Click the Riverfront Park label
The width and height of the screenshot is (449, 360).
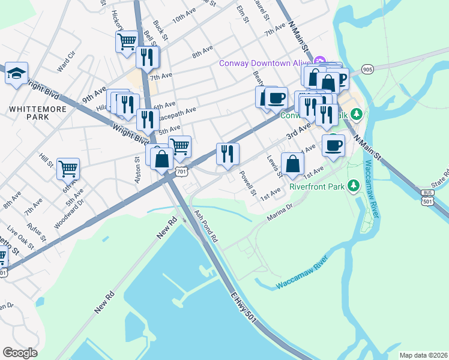tap(316, 187)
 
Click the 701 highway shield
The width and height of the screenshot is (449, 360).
tap(182, 172)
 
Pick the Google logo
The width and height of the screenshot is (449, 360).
tap(20, 353)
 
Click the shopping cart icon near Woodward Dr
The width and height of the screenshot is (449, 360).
tap(68, 168)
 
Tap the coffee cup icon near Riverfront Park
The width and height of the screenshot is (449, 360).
tap(334, 144)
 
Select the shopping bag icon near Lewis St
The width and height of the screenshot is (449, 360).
tap(292, 163)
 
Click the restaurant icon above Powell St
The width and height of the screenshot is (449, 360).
tap(228, 154)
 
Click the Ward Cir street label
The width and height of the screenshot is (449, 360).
tap(66, 62)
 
